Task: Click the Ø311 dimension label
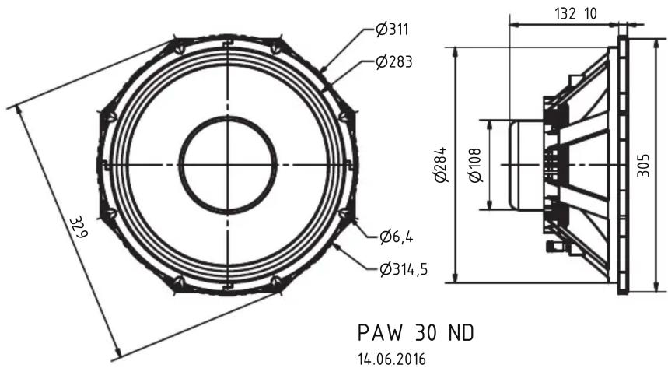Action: click(392, 30)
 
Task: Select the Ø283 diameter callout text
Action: click(394, 62)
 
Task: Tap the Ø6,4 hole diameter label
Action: click(396, 237)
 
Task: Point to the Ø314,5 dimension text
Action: click(404, 269)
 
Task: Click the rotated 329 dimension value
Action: click(79, 227)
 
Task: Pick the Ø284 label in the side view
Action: click(442, 165)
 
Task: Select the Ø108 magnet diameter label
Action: click(475, 166)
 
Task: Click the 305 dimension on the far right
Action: click(643, 166)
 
